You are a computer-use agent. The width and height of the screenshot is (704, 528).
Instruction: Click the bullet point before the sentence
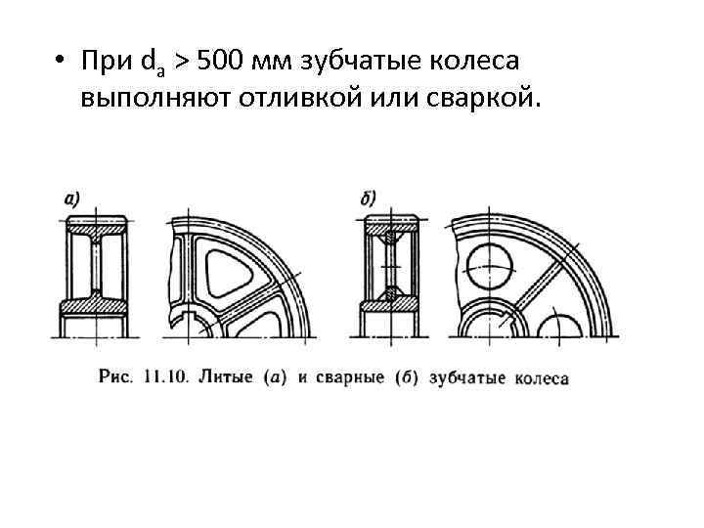coord(61,62)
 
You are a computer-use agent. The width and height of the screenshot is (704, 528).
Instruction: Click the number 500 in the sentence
coord(221,62)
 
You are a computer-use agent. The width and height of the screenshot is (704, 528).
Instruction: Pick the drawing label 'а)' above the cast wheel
coord(71,198)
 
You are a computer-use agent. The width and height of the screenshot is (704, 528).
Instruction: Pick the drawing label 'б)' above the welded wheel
coord(369,198)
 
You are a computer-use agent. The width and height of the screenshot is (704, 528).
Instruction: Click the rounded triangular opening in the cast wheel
coord(233,266)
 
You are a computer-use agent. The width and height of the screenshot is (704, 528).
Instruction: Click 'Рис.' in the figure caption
coord(115,374)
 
